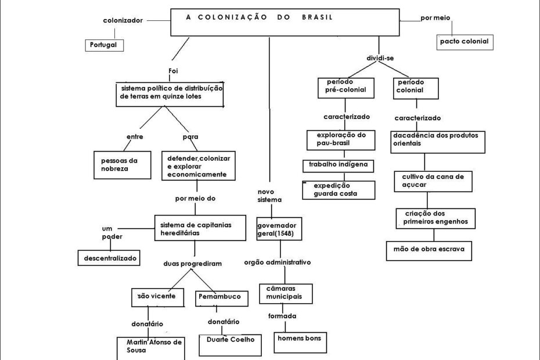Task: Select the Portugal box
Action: tap(105, 45)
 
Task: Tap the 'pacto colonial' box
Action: tap(465, 42)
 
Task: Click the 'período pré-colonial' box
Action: tap(345, 87)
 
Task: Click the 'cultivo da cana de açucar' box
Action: tap(433, 180)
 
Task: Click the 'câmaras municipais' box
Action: tap(286, 293)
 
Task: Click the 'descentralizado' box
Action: tap(109, 257)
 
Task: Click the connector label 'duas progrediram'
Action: tap(192, 263)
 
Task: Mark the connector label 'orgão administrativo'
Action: tap(278, 262)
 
